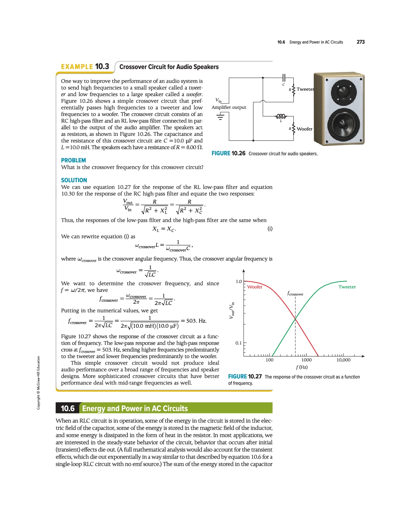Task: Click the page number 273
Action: (x=360, y=42)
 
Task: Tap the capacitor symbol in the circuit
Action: (x=284, y=78)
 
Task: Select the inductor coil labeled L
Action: (x=281, y=116)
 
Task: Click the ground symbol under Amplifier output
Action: (x=220, y=116)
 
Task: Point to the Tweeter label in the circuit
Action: (x=305, y=89)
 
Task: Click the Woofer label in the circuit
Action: (x=305, y=129)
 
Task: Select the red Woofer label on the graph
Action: (x=255, y=287)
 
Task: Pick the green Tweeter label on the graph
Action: (x=347, y=287)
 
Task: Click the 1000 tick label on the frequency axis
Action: (x=306, y=360)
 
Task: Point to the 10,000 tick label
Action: (x=343, y=360)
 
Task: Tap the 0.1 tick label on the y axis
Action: (x=238, y=343)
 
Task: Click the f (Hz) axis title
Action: (x=302, y=367)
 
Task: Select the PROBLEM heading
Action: (x=73, y=160)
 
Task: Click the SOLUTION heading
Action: (x=74, y=180)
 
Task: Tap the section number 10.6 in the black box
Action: (x=68, y=408)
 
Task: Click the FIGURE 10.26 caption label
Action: (x=228, y=154)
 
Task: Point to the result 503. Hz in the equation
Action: (x=196, y=321)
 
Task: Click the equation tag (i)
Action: (x=270, y=229)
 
